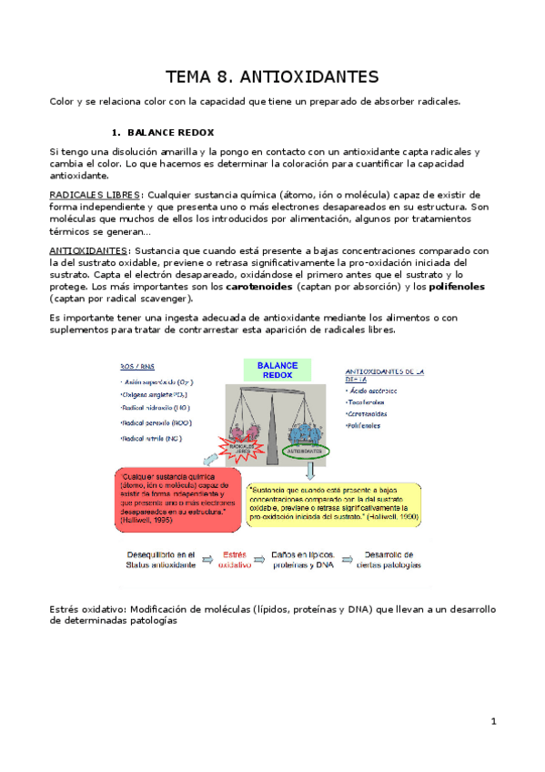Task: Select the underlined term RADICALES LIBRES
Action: [95, 195]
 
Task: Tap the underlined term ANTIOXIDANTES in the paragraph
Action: [89, 250]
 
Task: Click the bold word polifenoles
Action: [457, 286]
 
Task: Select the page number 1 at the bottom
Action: [493, 722]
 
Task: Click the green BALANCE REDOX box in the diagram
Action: [272, 370]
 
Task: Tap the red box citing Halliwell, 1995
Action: [177, 499]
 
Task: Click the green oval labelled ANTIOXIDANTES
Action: [304, 449]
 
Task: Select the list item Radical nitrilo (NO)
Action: [151, 439]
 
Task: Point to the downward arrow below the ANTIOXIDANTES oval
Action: [308, 470]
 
